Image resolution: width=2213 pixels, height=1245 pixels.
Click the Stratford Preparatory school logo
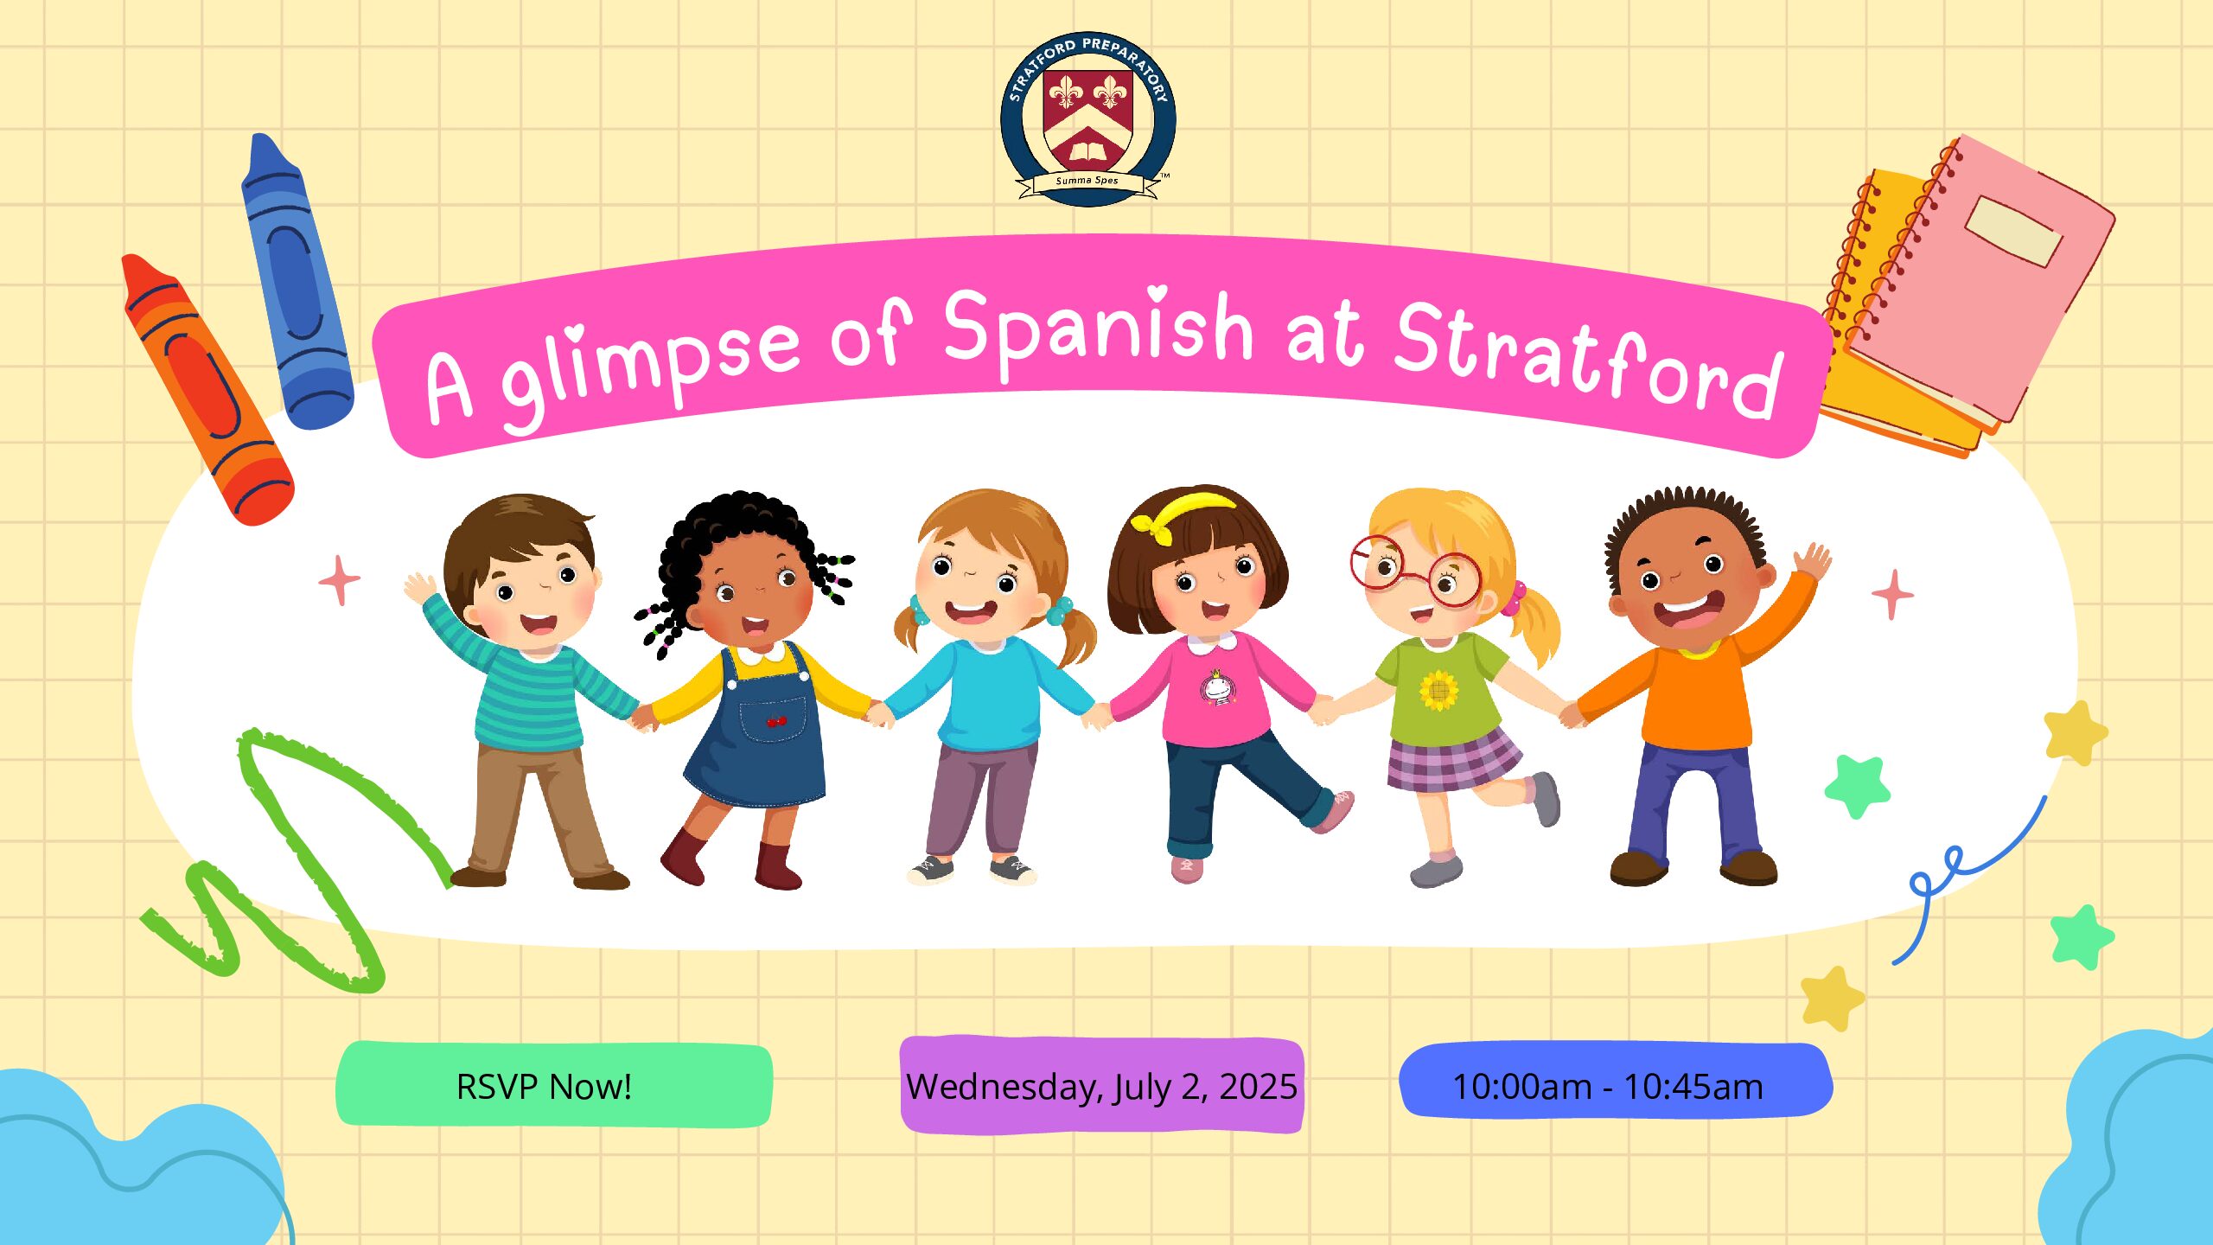tap(1087, 119)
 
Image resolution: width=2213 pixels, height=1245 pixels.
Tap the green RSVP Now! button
tap(553, 1085)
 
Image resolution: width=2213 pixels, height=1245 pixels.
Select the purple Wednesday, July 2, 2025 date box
tap(1101, 1085)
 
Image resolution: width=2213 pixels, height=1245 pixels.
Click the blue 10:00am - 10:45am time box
tap(1615, 1082)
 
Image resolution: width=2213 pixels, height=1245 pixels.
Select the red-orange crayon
tap(207, 389)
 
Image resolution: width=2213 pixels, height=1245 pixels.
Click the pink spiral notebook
tap(1980, 277)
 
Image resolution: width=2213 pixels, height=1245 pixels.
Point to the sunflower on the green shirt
tap(1438, 690)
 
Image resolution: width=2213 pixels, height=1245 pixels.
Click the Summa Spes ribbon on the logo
tap(1087, 183)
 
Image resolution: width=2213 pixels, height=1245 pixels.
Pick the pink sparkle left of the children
tap(339, 581)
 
